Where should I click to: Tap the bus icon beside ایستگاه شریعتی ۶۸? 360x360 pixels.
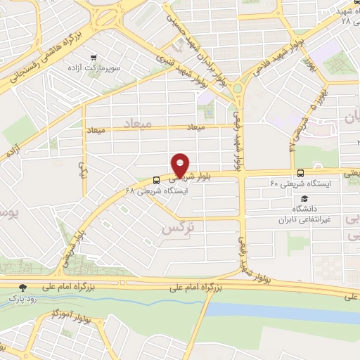point(155,179)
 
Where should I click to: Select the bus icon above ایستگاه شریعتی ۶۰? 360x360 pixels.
point(301,172)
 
